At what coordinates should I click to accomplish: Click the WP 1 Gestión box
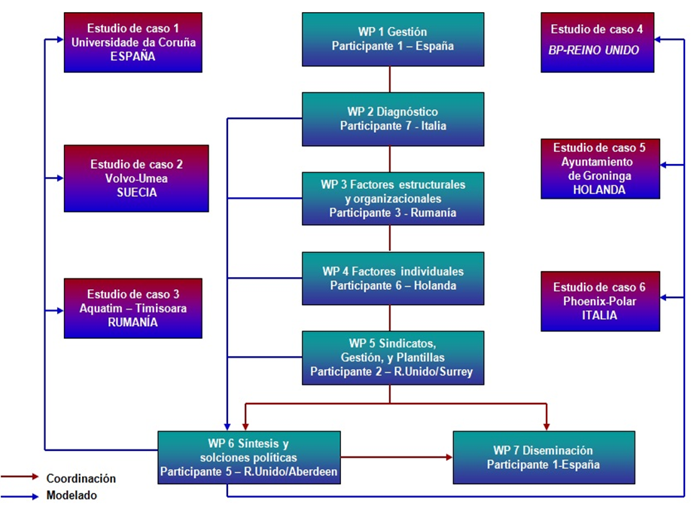point(393,39)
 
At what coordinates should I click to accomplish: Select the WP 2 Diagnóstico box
point(393,119)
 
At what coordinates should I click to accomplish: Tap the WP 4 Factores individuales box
point(393,279)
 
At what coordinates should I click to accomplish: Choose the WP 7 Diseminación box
point(543,458)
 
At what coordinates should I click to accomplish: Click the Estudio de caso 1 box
point(133,42)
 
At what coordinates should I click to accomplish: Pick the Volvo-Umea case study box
point(136,178)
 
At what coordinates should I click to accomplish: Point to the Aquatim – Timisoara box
point(133,309)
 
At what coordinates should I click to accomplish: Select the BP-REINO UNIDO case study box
point(597,42)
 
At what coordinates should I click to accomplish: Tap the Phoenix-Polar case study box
point(600,301)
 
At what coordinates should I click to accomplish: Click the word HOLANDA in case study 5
point(599,190)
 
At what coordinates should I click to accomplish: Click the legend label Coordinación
point(81,479)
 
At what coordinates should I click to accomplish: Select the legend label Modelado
point(72,495)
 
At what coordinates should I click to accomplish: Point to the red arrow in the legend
point(20,477)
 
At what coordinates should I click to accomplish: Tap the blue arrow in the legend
point(20,497)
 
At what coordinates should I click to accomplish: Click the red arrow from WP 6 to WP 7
point(397,457)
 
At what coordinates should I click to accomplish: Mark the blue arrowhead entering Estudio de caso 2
point(60,178)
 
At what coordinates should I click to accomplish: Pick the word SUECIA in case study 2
point(136,193)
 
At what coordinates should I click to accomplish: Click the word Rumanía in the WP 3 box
point(434,213)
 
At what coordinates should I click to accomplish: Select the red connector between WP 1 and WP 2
point(390,79)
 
